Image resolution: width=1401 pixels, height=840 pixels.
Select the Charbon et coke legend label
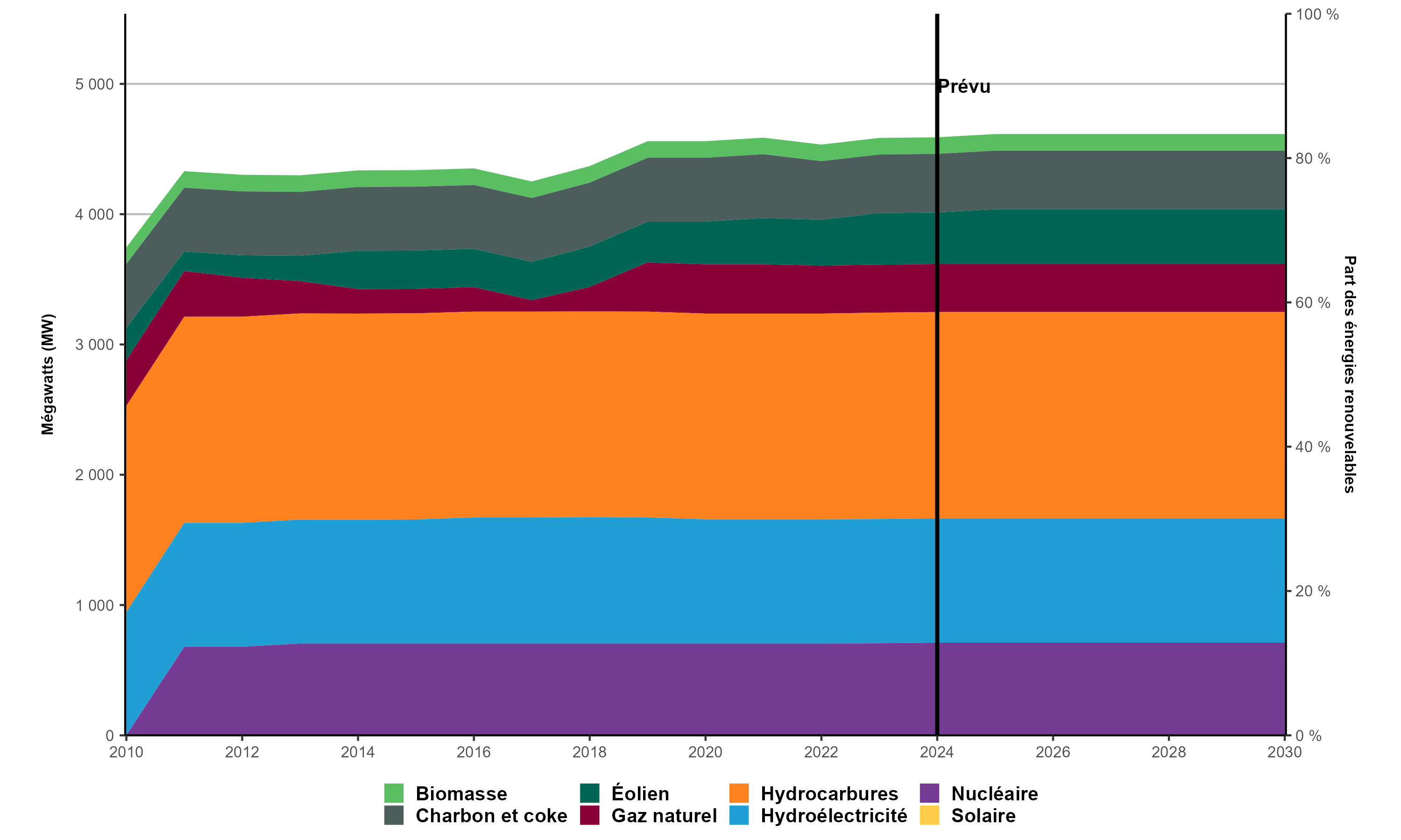(x=491, y=816)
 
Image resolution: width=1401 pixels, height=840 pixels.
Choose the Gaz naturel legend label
(x=664, y=816)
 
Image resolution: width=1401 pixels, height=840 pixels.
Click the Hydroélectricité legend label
(x=834, y=816)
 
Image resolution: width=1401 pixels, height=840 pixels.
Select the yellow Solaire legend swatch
(x=929, y=816)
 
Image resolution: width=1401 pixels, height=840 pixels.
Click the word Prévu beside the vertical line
(x=964, y=87)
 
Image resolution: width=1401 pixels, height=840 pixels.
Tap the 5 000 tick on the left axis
(x=95, y=84)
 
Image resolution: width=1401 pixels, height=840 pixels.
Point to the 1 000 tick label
(x=95, y=605)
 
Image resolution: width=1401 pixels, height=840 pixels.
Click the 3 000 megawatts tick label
(x=95, y=345)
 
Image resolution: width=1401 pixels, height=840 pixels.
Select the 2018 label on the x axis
(x=589, y=752)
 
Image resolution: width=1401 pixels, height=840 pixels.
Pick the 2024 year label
(x=937, y=752)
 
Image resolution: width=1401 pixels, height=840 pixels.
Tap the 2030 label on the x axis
(x=1284, y=752)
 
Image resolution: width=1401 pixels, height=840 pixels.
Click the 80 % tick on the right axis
(x=1313, y=159)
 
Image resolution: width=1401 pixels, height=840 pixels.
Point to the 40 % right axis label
(x=1313, y=447)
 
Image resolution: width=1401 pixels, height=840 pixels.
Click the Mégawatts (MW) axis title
(x=48, y=374)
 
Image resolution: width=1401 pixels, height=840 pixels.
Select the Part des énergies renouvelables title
(x=1350, y=374)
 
